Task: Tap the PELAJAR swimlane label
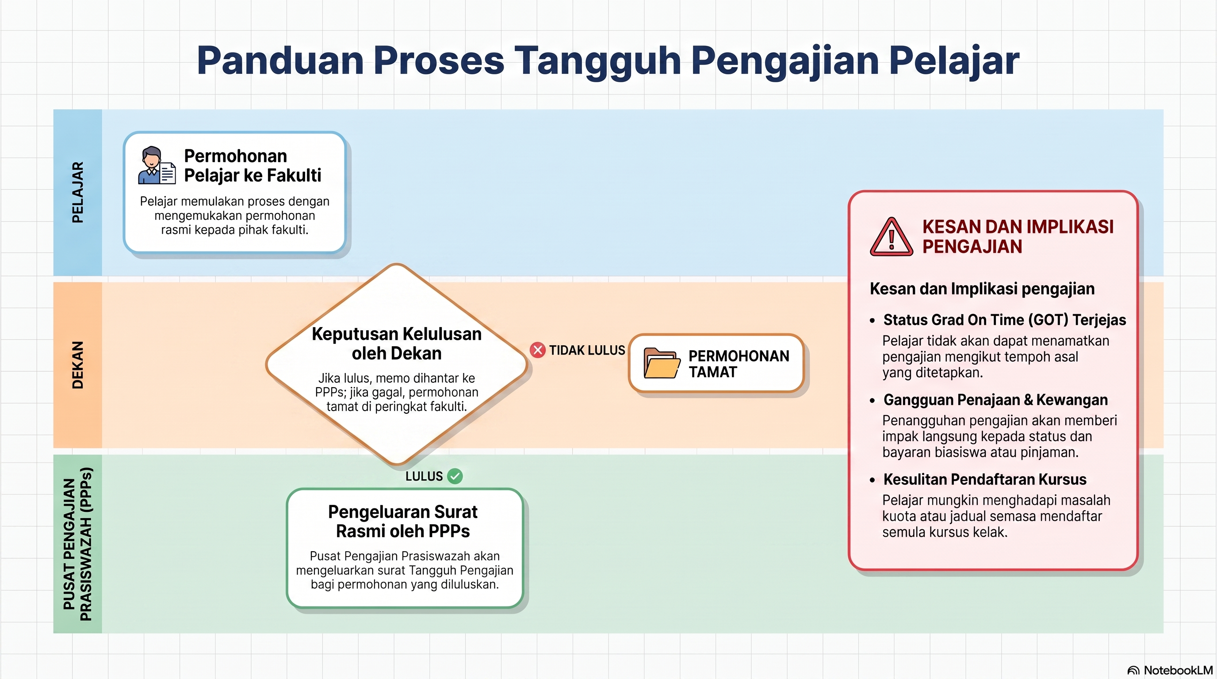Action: (x=77, y=192)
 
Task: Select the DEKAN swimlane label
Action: (x=77, y=365)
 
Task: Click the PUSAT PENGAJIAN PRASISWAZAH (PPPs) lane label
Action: (x=77, y=544)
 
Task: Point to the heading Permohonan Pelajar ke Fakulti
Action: (x=252, y=165)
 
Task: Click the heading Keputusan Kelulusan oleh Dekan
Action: (x=396, y=343)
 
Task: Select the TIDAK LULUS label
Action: (x=587, y=351)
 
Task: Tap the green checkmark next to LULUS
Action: (x=455, y=476)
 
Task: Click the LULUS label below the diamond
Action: (x=424, y=476)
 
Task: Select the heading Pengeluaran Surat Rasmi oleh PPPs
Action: (x=402, y=521)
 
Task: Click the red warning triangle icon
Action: (x=891, y=237)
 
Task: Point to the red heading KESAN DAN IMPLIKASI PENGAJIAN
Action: (x=1018, y=237)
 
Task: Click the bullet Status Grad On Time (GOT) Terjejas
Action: (x=1004, y=320)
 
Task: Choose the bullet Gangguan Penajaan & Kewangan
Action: (x=995, y=400)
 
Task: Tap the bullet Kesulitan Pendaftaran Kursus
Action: (x=984, y=479)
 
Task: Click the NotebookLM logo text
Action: (x=1178, y=670)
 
